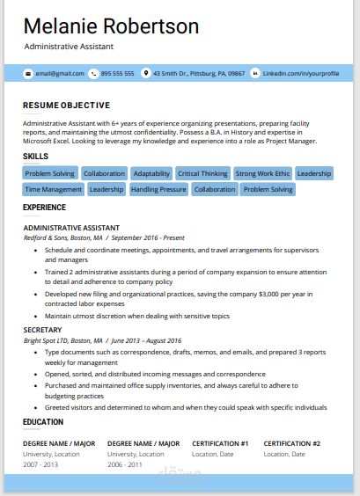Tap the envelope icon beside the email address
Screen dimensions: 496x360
(28, 74)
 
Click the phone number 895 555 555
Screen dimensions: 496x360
(117, 74)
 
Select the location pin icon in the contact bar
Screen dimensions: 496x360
(146, 74)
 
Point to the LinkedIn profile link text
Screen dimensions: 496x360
(301, 74)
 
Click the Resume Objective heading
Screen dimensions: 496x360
(67, 105)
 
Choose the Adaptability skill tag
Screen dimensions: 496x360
(152, 173)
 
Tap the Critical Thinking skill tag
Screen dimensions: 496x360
(202, 173)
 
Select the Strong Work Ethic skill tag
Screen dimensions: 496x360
(261, 173)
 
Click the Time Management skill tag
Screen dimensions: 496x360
(53, 189)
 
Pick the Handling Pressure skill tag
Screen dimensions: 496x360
(158, 189)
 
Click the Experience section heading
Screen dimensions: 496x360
(44, 208)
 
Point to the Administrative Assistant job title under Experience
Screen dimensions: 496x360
(71, 227)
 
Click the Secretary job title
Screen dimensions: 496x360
(44, 331)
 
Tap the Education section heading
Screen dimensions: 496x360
(43, 422)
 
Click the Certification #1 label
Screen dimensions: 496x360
(220, 443)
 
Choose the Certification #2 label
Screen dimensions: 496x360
(291, 443)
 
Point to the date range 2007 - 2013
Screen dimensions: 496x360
(40, 463)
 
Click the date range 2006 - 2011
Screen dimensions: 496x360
(124, 463)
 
